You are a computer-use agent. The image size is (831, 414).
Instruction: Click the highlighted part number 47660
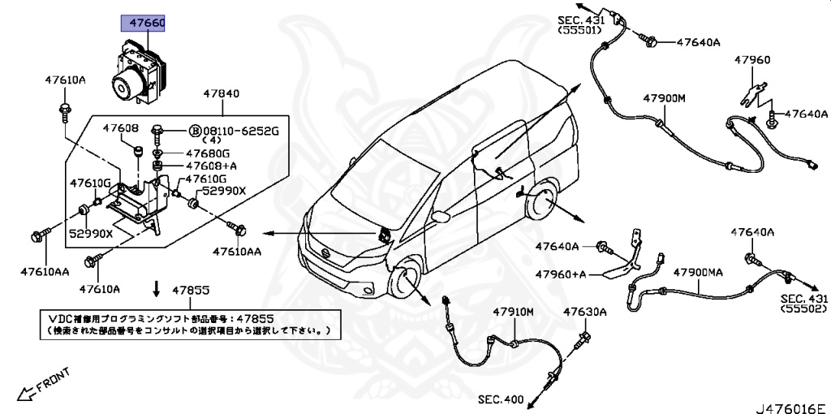[x=143, y=24]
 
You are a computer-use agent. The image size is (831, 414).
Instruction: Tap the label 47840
[x=221, y=94]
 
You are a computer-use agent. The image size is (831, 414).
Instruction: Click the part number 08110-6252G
[x=240, y=131]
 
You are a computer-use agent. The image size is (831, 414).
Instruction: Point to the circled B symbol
[x=194, y=131]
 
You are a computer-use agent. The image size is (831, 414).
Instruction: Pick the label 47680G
[x=208, y=153]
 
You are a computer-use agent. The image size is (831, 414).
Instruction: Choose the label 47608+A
[x=208, y=166]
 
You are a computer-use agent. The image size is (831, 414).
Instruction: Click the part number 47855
[x=191, y=289]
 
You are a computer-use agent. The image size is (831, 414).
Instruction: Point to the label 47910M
[x=513, y=312]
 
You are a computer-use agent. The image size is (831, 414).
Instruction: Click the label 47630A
[x=586, y=312]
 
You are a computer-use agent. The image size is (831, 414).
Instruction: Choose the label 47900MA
[x=698, y=272]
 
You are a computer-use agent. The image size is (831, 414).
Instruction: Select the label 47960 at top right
[x=752, y=59]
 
